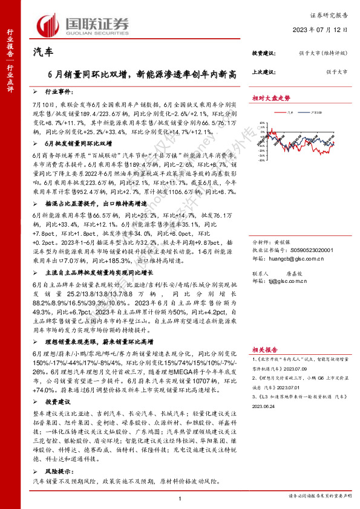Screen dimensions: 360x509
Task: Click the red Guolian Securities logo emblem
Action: (x=48, y=24)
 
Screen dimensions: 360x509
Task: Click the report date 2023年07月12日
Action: (x=324, y=30)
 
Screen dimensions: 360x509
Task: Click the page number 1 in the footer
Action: (x=180, y=497)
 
